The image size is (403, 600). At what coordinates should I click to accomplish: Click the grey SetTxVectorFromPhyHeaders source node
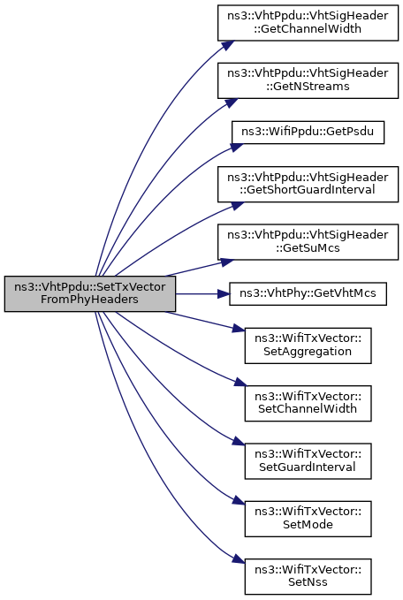[90, 293]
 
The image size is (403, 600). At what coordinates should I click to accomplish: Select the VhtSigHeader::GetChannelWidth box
[308, 23]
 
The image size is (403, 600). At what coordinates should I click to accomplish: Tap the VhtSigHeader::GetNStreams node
[308, 80]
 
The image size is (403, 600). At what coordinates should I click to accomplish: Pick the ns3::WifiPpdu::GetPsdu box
[308, 133]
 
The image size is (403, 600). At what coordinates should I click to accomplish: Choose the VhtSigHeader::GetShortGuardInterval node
[308, 184]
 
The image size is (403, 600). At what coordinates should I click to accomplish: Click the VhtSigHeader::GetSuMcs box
[308, 242]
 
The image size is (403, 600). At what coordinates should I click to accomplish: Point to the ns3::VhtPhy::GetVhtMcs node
[308, 294]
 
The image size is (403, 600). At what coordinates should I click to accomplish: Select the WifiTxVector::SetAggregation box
[308, 346]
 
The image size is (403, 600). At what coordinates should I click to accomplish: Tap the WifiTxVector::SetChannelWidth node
[308, 403]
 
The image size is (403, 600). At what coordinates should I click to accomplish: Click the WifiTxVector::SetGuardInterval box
[308, 461]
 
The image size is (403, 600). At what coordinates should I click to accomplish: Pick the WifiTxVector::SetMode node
[308, 519]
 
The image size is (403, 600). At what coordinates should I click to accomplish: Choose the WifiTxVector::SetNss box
[308, 576]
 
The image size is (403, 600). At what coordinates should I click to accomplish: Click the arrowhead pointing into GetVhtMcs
[224, 294]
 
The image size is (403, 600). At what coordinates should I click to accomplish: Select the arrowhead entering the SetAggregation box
[239, 329]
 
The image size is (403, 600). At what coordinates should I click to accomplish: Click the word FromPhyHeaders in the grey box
[89, 300]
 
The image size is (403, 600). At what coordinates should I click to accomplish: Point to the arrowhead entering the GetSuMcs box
[227, 262]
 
